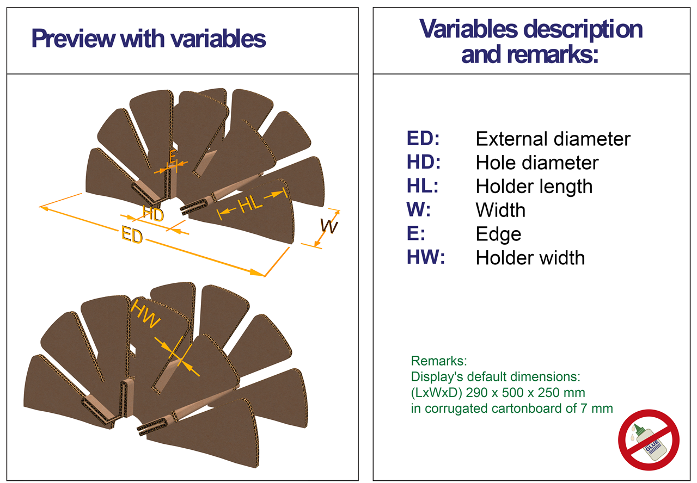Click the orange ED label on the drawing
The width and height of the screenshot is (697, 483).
coord(132,234)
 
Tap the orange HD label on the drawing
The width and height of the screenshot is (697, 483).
coord(153,214)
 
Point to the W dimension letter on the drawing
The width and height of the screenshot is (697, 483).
coord(329,226)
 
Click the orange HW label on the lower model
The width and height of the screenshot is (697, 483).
coord(145,314)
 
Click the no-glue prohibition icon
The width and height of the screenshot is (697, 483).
coord(649,440)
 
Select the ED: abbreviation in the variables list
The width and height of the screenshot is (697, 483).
coord(423,138)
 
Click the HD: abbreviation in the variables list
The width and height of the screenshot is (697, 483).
coord(424,162)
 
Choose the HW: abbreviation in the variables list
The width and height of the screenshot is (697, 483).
coord(426,257)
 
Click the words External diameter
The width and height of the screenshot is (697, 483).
coord(553,139)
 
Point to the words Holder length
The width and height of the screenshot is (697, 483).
coord(534,187)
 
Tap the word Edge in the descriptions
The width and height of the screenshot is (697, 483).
coord(498,234)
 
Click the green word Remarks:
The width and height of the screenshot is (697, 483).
coord(439,361)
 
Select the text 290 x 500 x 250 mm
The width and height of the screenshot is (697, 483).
coord(525,393)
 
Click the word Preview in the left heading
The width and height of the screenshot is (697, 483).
coord(74,38)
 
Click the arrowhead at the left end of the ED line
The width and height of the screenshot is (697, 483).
coord(44,208)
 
